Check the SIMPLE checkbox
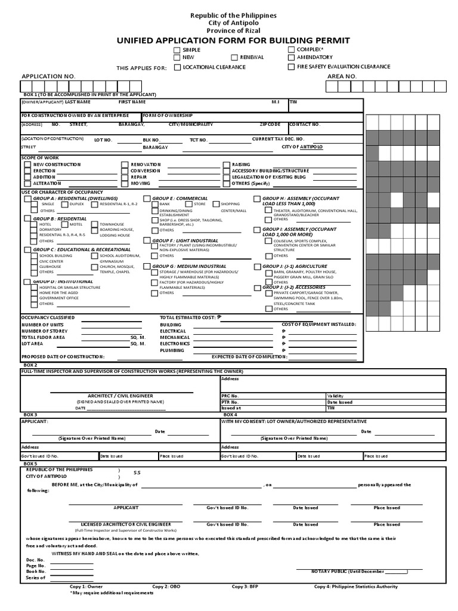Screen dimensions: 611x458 tap(177, 50)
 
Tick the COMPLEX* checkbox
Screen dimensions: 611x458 tap(291, 50)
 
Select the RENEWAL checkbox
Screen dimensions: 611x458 tap(234, 58)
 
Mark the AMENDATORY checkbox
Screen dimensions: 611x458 tap(291, 58)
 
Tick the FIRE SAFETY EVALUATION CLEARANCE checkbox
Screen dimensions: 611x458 tap(291, 67)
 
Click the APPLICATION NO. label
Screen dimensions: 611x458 tap(49, 77)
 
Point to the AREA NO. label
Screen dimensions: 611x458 tap(342, 77)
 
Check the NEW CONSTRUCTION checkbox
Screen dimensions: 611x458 tap(27, 164)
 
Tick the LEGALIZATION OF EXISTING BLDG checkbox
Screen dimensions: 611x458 tap(227, 177)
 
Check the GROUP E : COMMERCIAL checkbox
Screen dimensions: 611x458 tap(147, 198)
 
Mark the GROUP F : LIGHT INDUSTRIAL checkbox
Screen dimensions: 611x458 tap(147, 240)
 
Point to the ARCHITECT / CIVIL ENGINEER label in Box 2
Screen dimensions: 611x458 tap(120, 396)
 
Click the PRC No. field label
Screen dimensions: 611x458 tap(230, 396)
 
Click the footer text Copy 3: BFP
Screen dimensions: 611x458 tap(245, 587)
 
